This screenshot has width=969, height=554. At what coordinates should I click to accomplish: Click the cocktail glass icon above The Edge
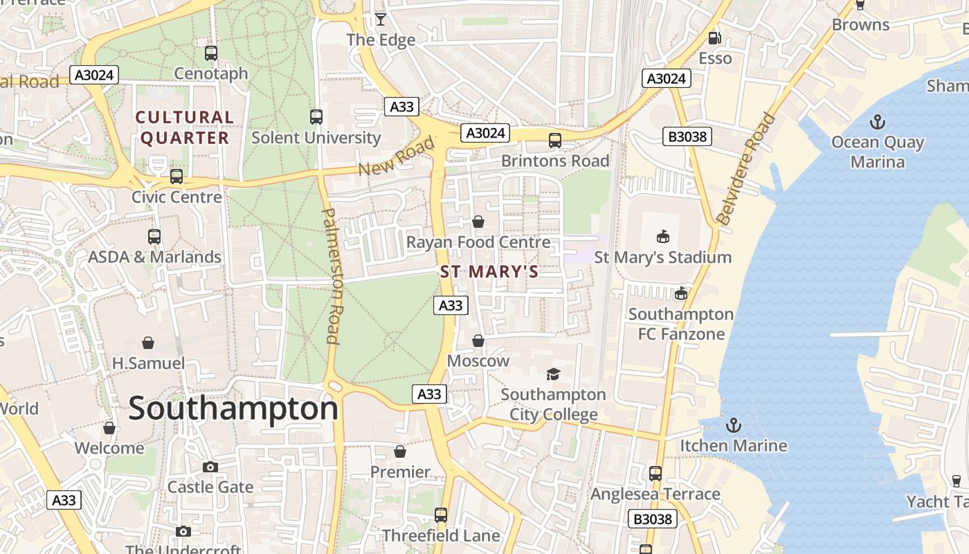(x=381, y=19)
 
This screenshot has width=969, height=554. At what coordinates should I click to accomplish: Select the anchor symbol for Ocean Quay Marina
(x=877, y=123)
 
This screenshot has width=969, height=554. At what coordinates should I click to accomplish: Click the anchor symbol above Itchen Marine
(x=733, y=425)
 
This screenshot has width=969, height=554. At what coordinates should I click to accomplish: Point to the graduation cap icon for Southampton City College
(x=553, y=375)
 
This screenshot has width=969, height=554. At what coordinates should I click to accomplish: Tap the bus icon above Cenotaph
(x=211, y=53)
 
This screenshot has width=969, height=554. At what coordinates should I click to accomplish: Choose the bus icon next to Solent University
(x=316, y=117)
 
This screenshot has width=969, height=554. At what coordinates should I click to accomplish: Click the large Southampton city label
(x=233, y=409)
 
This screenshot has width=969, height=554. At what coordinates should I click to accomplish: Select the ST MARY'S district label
(x=489, y=271)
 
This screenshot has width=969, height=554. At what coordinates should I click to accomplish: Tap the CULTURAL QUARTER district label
(x=185, y=127)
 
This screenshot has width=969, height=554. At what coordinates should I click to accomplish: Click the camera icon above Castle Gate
(x=210, y=467)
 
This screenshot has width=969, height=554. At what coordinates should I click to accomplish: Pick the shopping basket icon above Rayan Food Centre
(x=478, y=222)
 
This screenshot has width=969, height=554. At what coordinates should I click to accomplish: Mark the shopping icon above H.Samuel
(x=148, y=343)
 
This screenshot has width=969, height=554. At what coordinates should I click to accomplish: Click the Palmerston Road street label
(x=332, y=276)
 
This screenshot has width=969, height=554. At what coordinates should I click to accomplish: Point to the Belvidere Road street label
(x=745, y=170)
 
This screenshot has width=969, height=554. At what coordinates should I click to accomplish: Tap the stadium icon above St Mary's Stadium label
(x=663, y=237)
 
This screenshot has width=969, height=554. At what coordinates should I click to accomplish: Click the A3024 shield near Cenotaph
(x=95, y=75)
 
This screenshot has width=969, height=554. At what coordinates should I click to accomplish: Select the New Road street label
(x=396, y=157)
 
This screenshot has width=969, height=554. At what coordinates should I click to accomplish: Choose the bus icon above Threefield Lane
(x=441, y=515)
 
